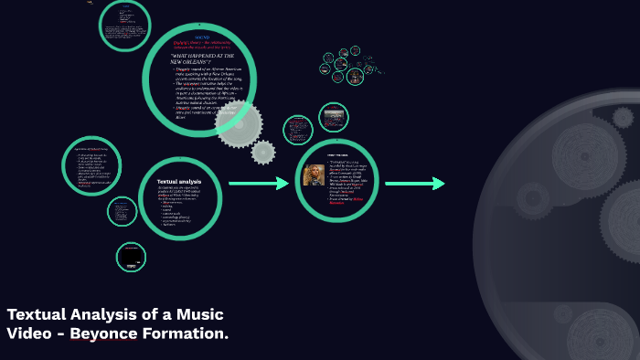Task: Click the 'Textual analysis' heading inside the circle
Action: pos(172,182)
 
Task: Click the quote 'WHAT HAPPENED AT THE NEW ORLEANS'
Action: pos(202,59)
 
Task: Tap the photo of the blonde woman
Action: pos(315,174)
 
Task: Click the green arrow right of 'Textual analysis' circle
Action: pos(259,184)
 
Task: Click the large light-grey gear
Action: pos(239,122)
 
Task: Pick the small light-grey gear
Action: pos(263,152)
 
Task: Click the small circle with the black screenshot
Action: pos(131,257)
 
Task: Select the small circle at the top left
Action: pos(125,26)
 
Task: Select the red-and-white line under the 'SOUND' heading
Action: pos(203,44)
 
